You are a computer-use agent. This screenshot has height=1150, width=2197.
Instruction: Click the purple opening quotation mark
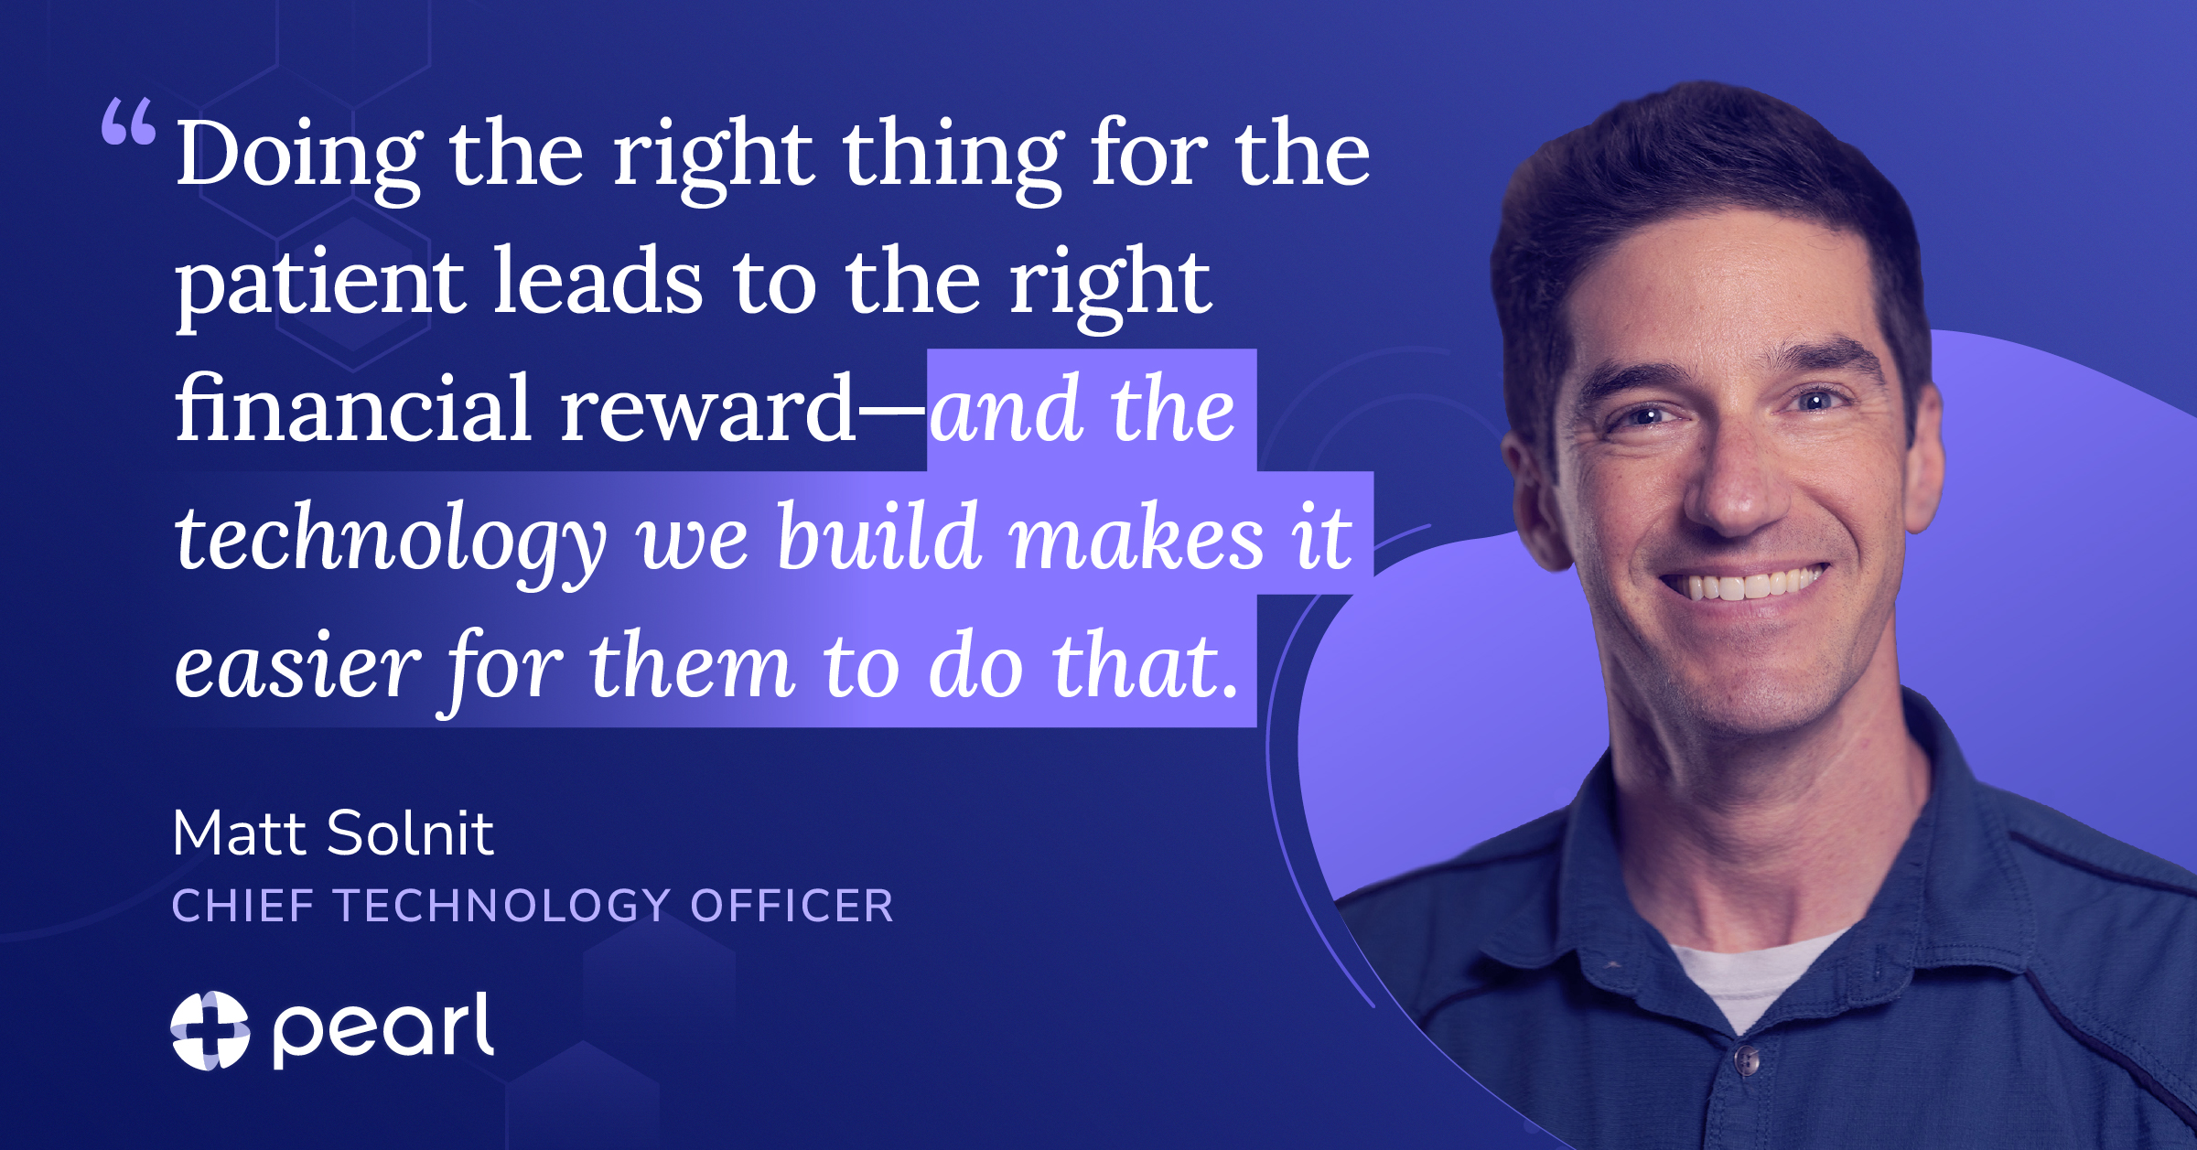pyautogui.click(x=128, y=122)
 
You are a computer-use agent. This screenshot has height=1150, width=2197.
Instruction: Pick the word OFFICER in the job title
pyautogui.click(x=792, y=906)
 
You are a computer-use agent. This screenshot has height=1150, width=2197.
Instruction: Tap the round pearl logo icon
pyautogui.click(x=210, y=1030)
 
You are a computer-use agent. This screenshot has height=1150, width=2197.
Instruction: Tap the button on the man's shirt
pyautogui.click(x=1746, y=1061)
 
